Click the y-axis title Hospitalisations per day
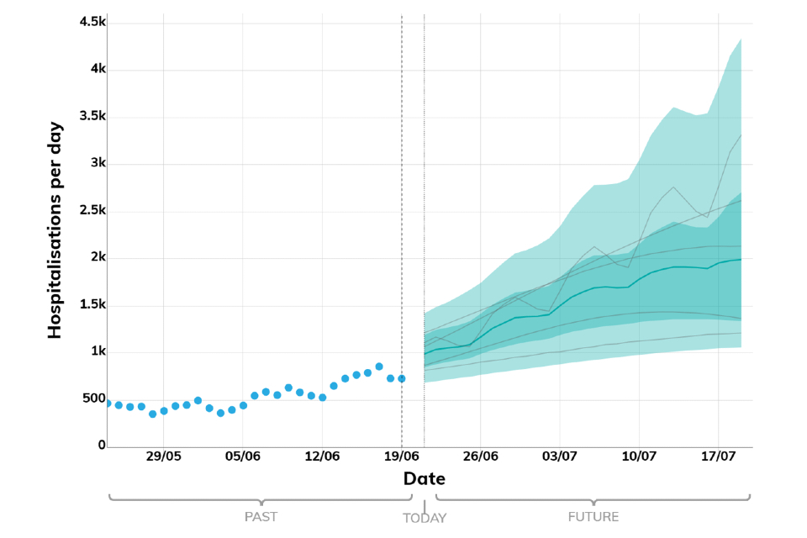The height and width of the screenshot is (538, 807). [x=55, y=229]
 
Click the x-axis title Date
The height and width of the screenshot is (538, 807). [x=425, y=479]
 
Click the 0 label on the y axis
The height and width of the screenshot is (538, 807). [x=101, y=446]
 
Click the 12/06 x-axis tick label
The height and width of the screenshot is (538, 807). [x=322, y=457]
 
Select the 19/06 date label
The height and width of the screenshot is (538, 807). [x=402, y=457]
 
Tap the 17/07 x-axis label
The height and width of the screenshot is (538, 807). [x=719, y=457]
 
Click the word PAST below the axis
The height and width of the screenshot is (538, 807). [x=261, y=518]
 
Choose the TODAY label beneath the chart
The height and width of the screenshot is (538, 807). [x=425, y=519]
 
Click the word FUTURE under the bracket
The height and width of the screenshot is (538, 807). [x=593, y=518]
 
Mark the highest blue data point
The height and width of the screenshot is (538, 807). [x=379, y=367]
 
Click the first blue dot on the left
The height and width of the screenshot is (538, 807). [x=108, y=403]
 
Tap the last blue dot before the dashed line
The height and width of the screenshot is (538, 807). [x=402, y=379]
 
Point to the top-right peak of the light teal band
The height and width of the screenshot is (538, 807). [x=740, y=40]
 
